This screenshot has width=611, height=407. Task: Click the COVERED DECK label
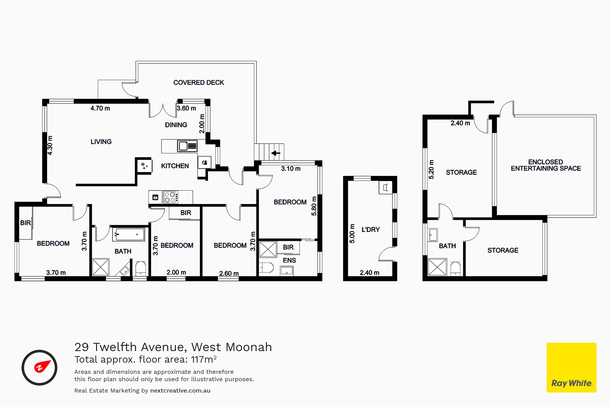click(199, 83)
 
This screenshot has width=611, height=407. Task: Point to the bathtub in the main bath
click(129, 235)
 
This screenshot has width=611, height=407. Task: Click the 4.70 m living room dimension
click(100, 108)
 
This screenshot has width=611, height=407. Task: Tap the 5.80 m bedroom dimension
click(314, 206)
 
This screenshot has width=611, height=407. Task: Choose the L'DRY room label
click(371, 230)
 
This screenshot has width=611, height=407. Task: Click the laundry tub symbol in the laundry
click(386, 187)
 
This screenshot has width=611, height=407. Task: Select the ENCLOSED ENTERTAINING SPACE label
click(546, 165)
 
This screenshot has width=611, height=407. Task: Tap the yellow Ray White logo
click(571, 367)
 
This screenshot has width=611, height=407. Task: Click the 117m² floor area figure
click(204, 359)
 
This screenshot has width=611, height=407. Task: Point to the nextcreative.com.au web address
click(180, 391)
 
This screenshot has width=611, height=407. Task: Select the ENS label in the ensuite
click(289, 260)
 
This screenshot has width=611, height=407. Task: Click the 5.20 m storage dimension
click(431, 169)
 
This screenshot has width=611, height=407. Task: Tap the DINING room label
click(176, 125)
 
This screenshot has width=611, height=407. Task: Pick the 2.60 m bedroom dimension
click(229, 273)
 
